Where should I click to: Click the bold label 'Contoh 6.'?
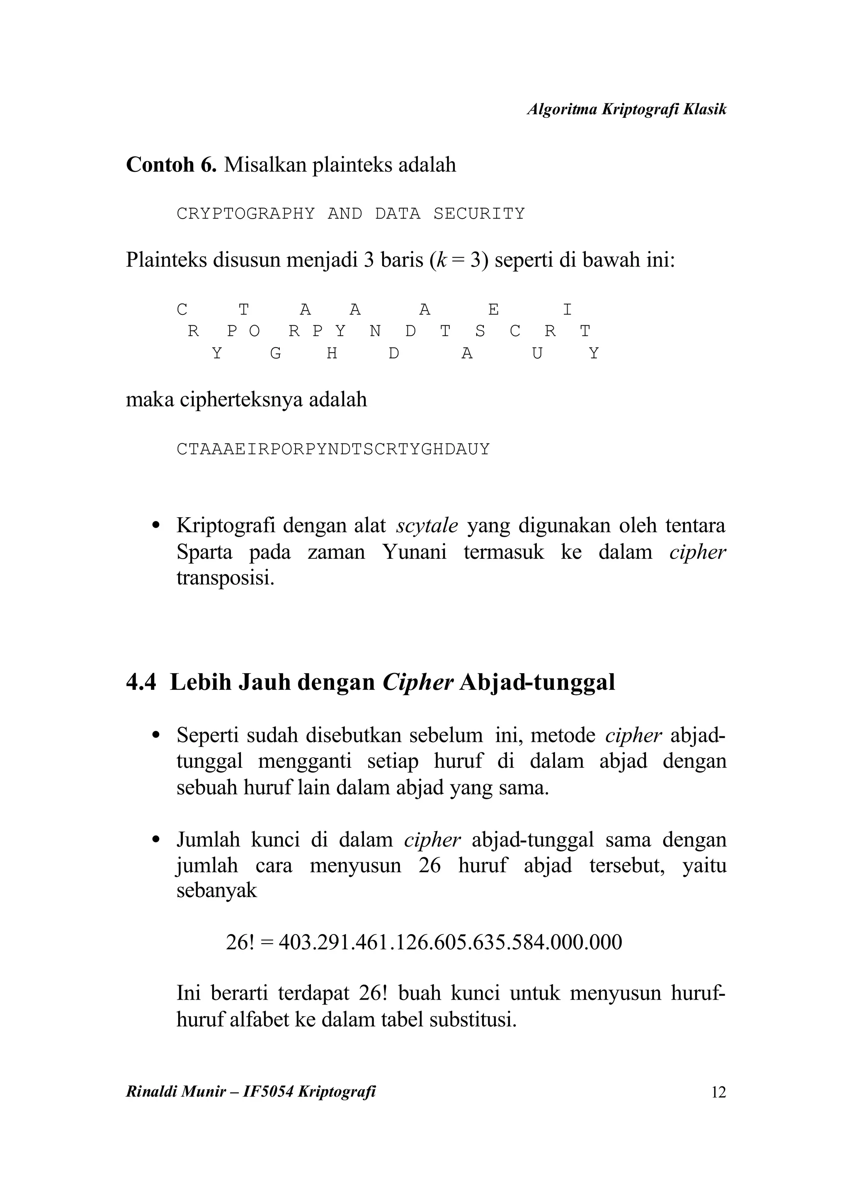tap(171, 165)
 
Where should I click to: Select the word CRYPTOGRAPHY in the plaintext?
tap(246, 214)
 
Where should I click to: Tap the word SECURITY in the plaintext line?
tap(479, 214)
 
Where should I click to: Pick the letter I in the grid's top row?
tap(567, 310)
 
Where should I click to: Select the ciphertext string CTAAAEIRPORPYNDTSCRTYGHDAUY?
tap(333, 449)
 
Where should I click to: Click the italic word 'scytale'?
tap(427, 526)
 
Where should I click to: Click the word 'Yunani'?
tap(414, 552)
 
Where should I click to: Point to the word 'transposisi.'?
tap(226, 579)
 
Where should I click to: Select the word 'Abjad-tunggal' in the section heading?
tap(537, 683)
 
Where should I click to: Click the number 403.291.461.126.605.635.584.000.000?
tap(450, 942)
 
